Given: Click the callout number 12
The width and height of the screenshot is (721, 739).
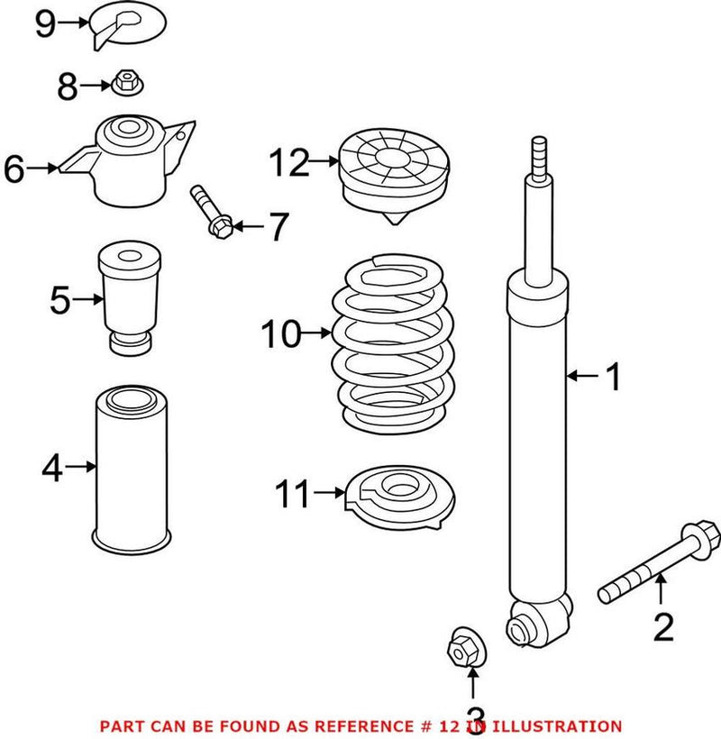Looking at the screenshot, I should click(288, 164).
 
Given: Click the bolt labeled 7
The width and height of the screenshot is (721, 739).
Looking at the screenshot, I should click(210, 212).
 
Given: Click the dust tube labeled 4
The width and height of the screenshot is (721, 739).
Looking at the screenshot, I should click(133, 469).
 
